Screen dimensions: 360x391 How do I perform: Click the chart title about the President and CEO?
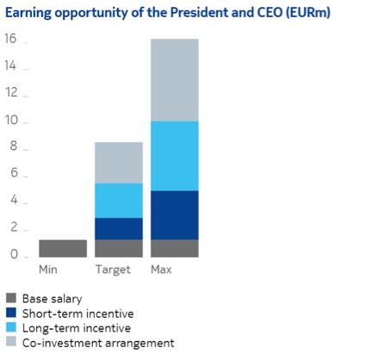[x=169, y=14]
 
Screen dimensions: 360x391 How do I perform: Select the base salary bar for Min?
[x=63, y=248]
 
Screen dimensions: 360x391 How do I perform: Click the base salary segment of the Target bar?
[x=118, y=248]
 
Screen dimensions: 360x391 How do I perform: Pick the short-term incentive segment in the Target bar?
[x=118, y=228]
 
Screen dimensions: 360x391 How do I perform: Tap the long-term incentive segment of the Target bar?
[x=118, y=201]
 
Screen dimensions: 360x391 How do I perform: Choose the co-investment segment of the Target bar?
[x=118, y=163]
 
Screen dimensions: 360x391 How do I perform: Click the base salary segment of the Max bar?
[x=174, y=248]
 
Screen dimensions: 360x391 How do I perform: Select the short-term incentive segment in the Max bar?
[x=174, y=215]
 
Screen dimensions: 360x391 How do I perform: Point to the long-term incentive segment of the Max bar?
[x=174, y=156]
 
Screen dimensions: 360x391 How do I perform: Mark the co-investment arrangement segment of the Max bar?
[x=174, y=80]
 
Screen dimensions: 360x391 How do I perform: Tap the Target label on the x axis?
[x=113, y=270]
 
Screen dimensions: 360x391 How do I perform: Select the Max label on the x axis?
[x=162, y=270]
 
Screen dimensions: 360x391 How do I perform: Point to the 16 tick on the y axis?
[x=10, y=40]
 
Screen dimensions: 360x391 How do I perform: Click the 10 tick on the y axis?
[x=10, y=121]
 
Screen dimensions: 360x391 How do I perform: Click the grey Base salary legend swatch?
[x=10, y=299]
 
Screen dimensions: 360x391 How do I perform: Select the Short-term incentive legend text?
[x=78, y=313]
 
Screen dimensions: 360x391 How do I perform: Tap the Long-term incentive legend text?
[x=77, y=328]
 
